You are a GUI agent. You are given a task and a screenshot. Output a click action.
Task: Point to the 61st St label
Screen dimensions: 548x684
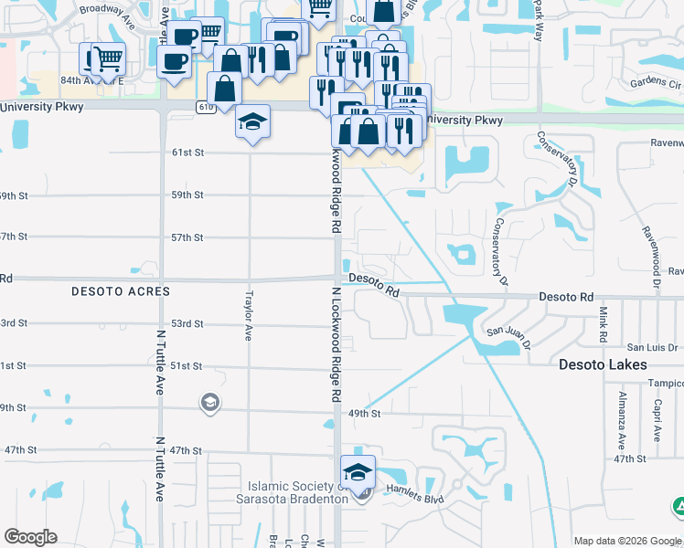[187, 153]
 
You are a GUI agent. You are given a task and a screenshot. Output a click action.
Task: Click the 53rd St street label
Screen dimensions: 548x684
[187, 324]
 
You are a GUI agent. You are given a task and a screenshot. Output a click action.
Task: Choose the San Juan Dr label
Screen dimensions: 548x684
[508, 332]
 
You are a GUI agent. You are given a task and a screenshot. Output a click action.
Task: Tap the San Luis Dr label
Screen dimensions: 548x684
[651, 348]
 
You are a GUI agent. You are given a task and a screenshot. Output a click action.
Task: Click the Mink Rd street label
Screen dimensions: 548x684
[604, 324]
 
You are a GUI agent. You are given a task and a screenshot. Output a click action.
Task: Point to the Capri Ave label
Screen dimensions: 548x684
[657, 419]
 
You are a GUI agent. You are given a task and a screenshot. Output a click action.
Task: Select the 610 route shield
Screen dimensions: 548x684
[205, 107]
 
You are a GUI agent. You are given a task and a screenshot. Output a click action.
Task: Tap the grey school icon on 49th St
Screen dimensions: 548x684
[209, 403]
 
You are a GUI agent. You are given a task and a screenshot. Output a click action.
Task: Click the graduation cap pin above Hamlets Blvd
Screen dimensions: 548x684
[358, 471]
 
